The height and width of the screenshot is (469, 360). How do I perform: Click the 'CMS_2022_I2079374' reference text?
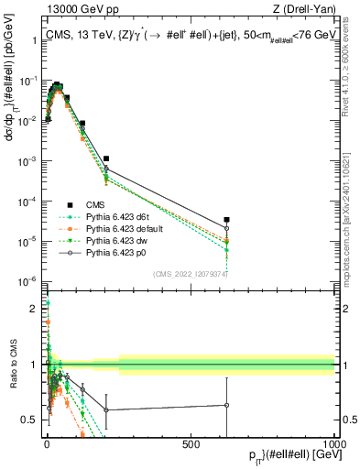(190, 273)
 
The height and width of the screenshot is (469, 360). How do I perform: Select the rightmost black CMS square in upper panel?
(227, 220)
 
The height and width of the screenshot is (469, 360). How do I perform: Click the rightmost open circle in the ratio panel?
(227, 405)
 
